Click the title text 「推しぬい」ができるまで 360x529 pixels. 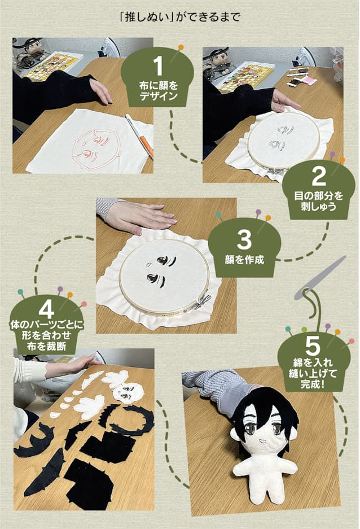(179, 17)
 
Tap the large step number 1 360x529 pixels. (158, 66)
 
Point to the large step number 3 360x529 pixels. (244, 239)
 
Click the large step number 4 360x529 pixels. (46, 309)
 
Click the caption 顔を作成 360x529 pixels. (244, 260)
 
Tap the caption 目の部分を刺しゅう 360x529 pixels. (319, 201)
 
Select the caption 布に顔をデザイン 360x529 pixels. (159, 91)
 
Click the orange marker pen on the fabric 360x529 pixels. (139, 135)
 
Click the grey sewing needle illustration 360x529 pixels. (321, 278)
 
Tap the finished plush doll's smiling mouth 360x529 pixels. (262, 440)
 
